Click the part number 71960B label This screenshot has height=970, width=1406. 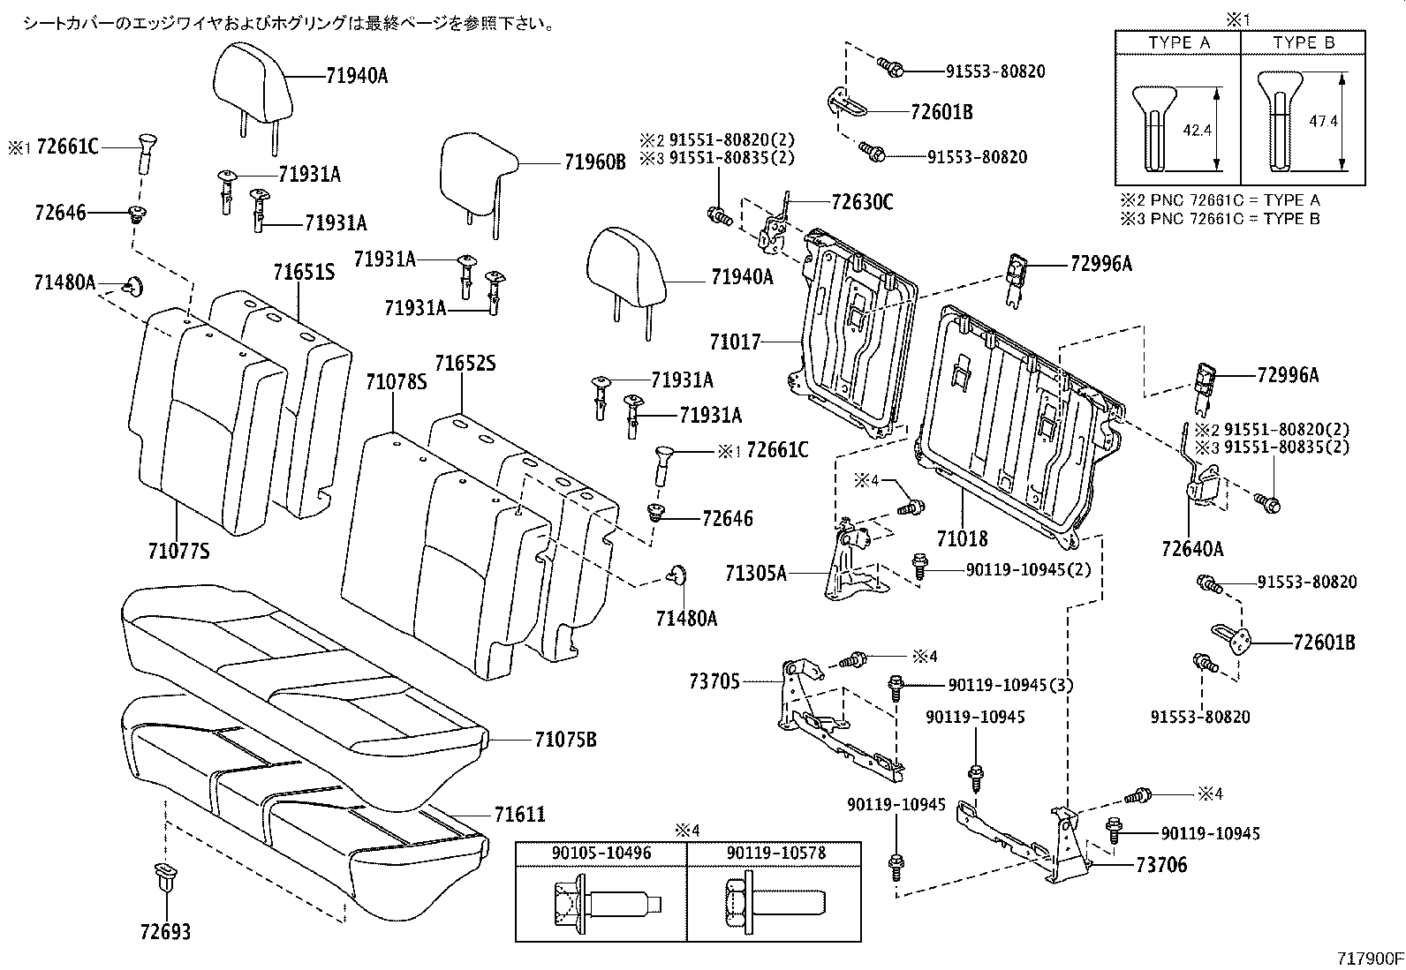point(594,162)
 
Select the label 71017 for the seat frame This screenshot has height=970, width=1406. point(734,341)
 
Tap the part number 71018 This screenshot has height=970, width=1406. point(962,538)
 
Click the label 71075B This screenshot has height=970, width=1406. point(564,740)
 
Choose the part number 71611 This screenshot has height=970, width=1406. point(519,815)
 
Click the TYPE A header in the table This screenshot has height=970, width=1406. point(1178,43)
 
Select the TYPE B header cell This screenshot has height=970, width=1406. point(1304,43)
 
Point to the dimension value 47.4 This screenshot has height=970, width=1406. point(1322,121)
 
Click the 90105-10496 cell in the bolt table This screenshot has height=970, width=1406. point(601,853)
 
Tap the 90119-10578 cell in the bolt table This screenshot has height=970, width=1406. point(774,853)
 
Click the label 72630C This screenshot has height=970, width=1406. point(861,203)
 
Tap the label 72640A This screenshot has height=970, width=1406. point(1192,548)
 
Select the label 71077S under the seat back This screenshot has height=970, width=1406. point(178,552)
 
